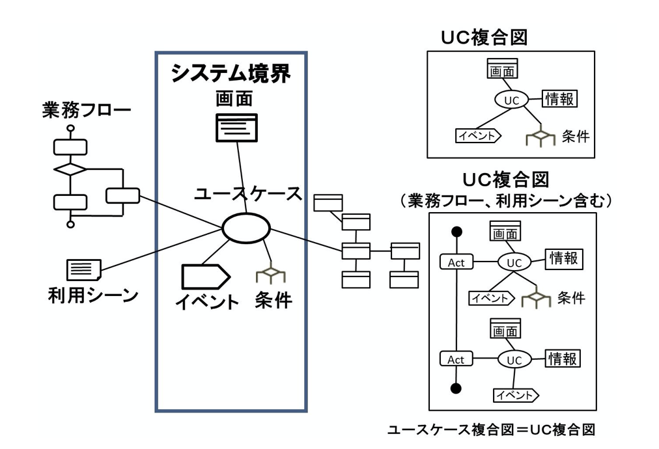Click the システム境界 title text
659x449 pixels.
click(x=231, y=74)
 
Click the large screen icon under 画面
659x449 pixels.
click(x=236, y=128)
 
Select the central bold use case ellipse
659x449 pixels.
click(x=246, y=228)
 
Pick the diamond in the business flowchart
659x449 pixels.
click(x=70, y=169)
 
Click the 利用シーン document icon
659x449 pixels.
click(x=83, y=269)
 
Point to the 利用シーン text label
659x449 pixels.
click(x=93, y=296)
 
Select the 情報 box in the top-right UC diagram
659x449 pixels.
click(x=560, y=99)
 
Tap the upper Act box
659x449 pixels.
click(x=456, y=262)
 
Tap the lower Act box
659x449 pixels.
click(x=456, y=359)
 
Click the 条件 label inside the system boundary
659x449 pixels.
click(x=274, y=300)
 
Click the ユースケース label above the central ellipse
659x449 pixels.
click(x=248, y=193)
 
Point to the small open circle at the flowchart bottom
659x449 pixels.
click(x=70, y=224)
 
